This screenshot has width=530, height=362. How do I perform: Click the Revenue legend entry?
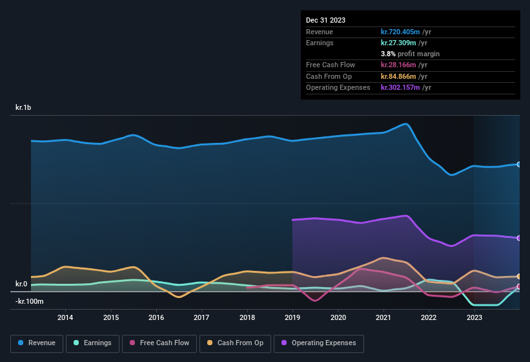37,343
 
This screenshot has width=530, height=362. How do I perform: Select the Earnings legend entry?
92,343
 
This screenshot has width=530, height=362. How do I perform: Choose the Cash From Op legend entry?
234,343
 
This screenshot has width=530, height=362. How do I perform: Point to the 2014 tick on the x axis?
65,317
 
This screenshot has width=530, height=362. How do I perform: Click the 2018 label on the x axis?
247,317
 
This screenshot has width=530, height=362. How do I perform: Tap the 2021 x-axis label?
383,317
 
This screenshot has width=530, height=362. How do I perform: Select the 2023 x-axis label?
474,317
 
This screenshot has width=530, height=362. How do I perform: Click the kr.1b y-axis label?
23,108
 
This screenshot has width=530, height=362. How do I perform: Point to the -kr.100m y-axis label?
30,301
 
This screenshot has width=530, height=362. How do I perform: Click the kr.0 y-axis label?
21,284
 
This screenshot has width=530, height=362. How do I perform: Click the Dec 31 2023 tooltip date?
325,20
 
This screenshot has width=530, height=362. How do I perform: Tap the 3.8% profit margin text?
410,54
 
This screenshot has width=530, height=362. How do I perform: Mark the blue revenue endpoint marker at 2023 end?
519,164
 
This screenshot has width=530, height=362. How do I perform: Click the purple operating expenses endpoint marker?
519,238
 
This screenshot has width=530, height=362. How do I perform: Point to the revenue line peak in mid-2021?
405,123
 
